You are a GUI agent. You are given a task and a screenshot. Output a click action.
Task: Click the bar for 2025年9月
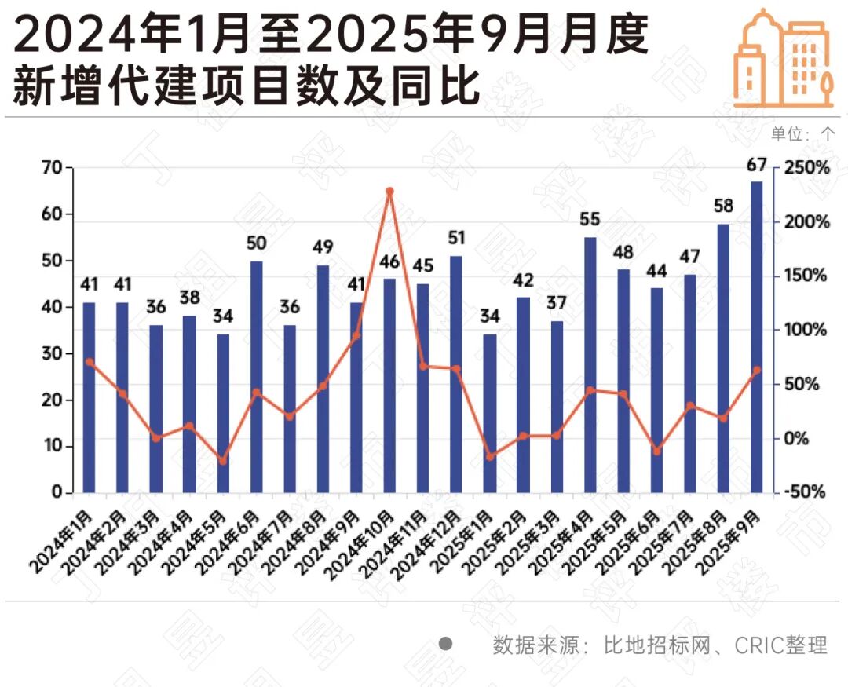[x=756, y=338]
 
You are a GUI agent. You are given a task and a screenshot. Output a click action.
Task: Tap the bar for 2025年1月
[x=489, y=414]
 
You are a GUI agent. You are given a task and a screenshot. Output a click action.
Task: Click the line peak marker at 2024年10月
[x=389, y=191]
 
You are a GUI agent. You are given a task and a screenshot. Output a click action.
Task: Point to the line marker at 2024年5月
[x=223, y=461]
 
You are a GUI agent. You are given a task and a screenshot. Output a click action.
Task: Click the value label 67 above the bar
[x=756, y=165]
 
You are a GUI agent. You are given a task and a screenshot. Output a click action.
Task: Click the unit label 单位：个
[x=802, y=133]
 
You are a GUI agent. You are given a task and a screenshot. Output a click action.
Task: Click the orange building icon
[x=783, y=59]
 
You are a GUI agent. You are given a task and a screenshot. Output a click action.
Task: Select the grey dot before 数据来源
[x=446, y=645]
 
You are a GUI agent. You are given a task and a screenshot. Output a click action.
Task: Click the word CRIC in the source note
[x=758, y=646]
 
